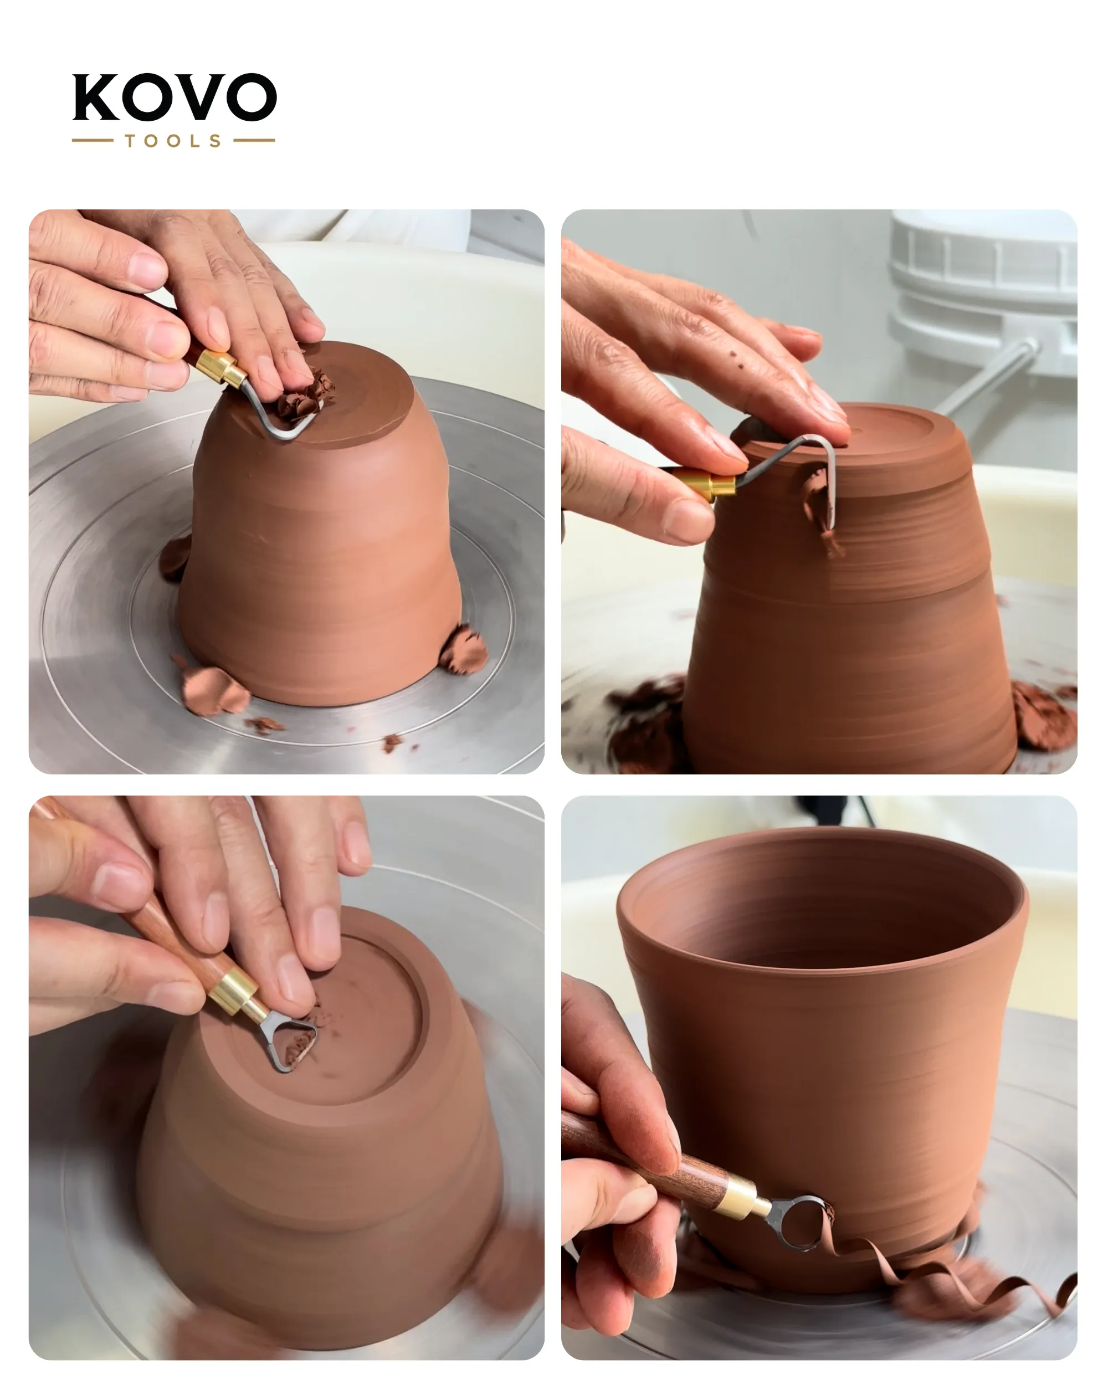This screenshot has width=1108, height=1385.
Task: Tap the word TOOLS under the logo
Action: coord(173,141)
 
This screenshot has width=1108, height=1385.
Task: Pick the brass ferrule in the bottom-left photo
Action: coord(235,993)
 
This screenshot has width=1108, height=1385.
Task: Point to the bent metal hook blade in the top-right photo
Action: coord(797,472)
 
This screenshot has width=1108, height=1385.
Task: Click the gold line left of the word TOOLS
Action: coord(93,140)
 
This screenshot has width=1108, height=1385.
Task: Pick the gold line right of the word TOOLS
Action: coord(254,140)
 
